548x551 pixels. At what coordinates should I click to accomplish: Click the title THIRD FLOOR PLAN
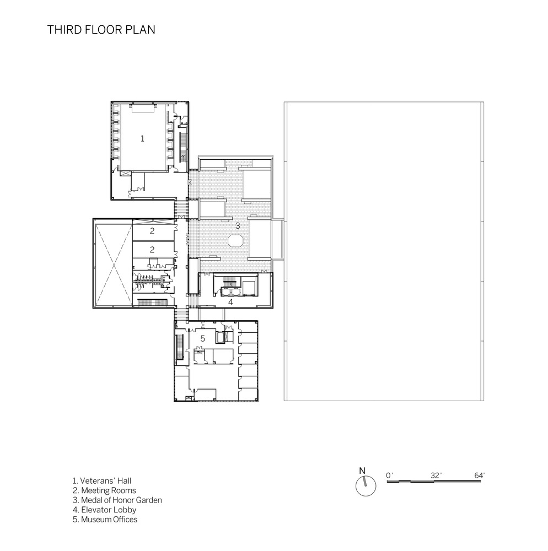(x=101, y=30)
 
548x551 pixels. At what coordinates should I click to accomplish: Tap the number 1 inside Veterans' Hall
(x=142, y=139)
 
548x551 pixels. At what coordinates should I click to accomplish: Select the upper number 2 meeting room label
(x=152, y=231)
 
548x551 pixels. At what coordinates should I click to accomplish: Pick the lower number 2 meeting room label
(x=152, y=250)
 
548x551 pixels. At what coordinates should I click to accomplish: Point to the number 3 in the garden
(x=238, y=225)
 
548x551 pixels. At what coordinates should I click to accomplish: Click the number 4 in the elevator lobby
(x=230, y=302)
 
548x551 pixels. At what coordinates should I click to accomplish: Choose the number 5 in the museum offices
(x=202, y=338)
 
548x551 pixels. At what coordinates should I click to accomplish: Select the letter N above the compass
(x=362, y=471)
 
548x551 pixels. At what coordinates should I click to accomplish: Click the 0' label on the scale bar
(x=389, y=476)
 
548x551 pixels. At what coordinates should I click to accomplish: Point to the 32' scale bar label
(x=436, y=476)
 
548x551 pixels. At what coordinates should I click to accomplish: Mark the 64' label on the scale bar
(x=480, y=476)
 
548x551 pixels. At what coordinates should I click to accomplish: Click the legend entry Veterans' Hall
(x=102, y=480)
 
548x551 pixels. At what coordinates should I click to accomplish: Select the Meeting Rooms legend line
(x=104, y=490)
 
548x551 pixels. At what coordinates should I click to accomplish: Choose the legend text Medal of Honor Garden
(x=117, y=500)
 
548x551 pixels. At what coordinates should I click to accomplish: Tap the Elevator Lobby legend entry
(x=104, y=510)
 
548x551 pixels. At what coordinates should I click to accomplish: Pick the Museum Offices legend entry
(x=105, y=520)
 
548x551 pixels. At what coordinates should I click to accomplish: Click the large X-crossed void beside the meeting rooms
(x=113, y=263)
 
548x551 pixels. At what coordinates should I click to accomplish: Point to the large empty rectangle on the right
(x=384, y=251)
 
